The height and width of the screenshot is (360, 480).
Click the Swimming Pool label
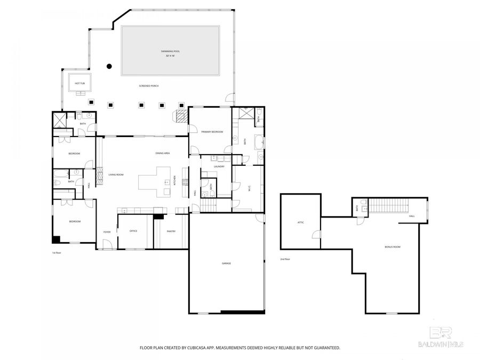pyautogui.click(x=170, y=51)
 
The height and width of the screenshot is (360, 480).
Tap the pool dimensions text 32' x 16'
pyautogui.click(x=170, y=55)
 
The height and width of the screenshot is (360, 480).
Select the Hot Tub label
pyautogui.click(x=79, y=83)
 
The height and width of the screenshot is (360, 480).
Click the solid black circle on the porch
pyautogui.click(x=109, y=66)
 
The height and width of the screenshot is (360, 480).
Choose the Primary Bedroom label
pyautogui.click(x=212, y=132)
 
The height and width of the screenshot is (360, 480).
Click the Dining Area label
pyautogui.click(x=162, y=153)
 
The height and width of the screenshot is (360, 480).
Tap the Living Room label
pyautogui.click(x=116, y=174)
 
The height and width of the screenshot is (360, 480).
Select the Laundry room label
pyautogui.click(x=219, y=166)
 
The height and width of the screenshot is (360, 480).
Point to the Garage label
pyautogui.click(x=227, y=263)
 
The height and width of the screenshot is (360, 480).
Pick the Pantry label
pyautogui.click(x=171, y=231)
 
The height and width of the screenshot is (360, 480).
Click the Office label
pyautogui.click(x=133, y=231)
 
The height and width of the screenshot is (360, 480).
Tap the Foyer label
pyautogui.click(x=107, y=231)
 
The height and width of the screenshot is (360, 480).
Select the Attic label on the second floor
pyautogui.click(x=301, y=222)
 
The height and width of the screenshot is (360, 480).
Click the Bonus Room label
pyautogui.click(x=393, y=247)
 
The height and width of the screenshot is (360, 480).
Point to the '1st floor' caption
pyautogui.click(x=57, y=252)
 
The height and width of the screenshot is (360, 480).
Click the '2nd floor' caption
pyautogui.click(x=285, y=259)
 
